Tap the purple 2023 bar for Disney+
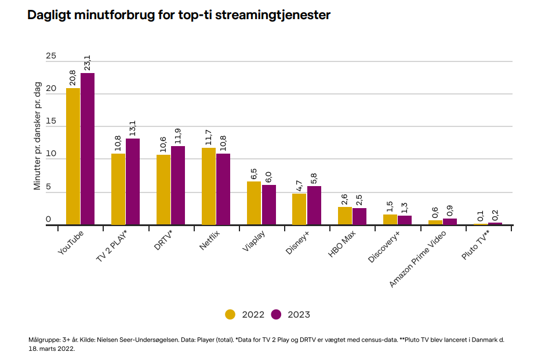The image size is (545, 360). [314, 205]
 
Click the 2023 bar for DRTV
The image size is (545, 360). [178, 185]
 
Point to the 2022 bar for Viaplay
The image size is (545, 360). [254, 202]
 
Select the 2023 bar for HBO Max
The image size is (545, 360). [359, 216]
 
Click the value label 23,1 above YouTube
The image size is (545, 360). [88, 63]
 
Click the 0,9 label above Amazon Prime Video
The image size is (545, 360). [450, 209]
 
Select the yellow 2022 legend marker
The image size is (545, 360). [231, 315]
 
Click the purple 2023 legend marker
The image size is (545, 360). [276, 315]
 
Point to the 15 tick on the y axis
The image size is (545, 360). [51, 122]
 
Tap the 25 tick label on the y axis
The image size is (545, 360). [51, 56]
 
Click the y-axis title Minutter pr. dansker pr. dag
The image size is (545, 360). [38, 136]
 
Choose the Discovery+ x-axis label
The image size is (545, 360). [386, 246]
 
